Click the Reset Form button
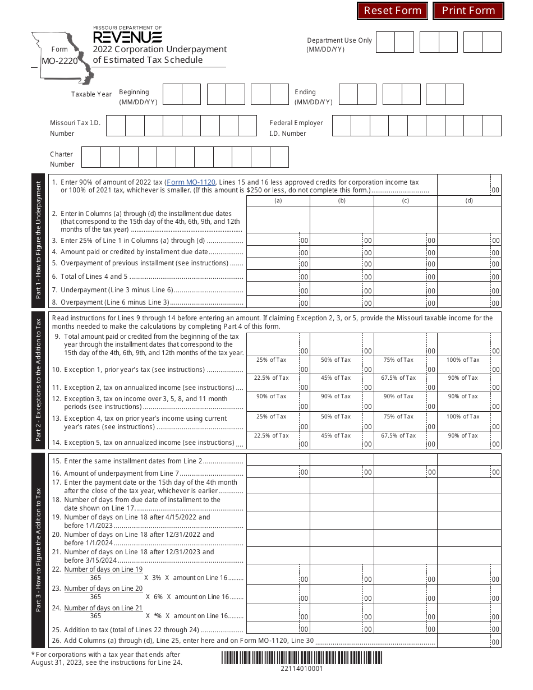click(392, 11)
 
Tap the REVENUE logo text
click(127, 37)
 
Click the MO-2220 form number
click(59, 61)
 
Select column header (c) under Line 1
click(405, 201)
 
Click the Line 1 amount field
click(464, 185)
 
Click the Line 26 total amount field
click(464, 641)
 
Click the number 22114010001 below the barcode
click(301, 669)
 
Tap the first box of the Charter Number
click(91, 157)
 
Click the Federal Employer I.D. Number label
click(296, 128)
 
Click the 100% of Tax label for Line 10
click(463, 360)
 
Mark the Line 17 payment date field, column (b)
click(341, 486)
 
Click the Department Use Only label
click(339, 45)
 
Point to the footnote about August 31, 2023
click(107, 658)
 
